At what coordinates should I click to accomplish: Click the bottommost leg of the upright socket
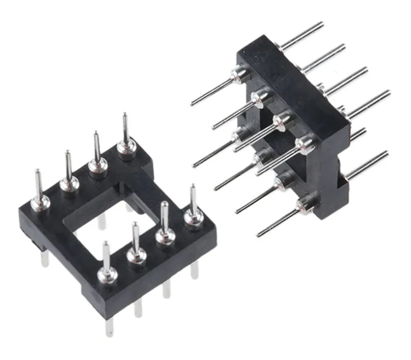tap(109, 327)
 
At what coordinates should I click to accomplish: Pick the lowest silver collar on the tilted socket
tap(305, 203)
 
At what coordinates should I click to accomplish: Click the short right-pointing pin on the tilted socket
tap(358, 134)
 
